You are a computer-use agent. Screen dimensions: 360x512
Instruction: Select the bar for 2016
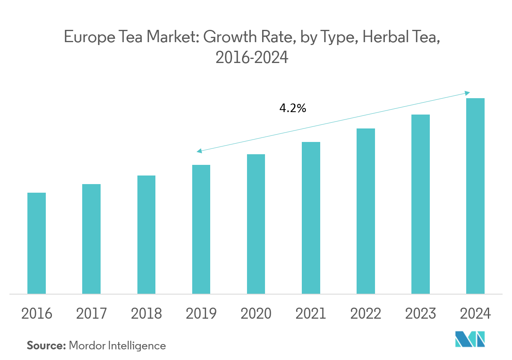click(36, 243)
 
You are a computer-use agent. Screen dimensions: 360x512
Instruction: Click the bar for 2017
click(91, 239)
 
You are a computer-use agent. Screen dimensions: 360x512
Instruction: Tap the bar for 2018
click(146, 234)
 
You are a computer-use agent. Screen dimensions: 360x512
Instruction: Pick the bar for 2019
click(201, 229)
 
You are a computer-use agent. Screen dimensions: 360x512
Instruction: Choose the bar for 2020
click(256, 224)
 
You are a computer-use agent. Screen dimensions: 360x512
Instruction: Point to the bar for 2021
click(311, 218)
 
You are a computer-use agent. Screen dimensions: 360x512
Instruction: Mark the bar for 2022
click(366, 211)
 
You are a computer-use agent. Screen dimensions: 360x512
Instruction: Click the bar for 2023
click(420, 204)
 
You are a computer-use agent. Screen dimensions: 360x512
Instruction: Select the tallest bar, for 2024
click(475, 196)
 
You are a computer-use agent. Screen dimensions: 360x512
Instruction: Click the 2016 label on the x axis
click(36, 314)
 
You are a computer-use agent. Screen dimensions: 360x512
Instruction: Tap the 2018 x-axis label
click(146, 314)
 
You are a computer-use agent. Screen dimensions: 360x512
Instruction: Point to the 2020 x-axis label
click(256, 314)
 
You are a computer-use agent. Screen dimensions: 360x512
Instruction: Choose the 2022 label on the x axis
click(366, 314)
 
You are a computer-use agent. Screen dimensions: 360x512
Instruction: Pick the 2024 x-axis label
click(475, 314)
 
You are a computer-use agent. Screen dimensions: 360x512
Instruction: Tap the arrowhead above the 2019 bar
click(199, 151)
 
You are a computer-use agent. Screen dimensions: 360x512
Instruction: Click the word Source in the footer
click(46, 346)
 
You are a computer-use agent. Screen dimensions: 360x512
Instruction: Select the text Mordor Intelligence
click(117, 346)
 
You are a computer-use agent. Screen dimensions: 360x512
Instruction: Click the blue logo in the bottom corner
click(470, 339)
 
